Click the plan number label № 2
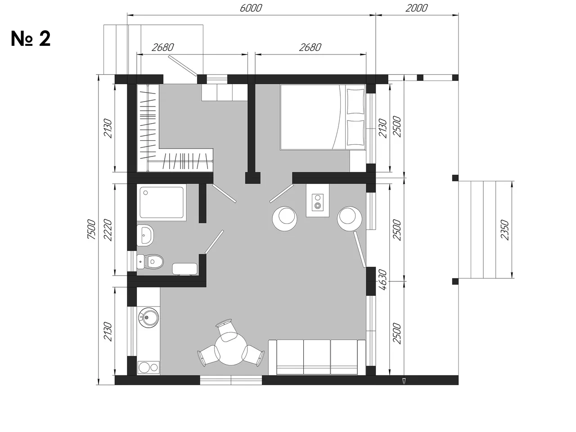31,39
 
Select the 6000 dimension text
251,8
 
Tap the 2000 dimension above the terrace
416,8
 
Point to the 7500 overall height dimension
92,229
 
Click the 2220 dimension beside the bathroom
108,230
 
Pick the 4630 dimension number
383,280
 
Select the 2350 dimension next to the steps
504,230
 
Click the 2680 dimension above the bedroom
310,47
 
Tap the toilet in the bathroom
150,261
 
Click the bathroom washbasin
145,235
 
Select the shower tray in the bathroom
162,202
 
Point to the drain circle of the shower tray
145,193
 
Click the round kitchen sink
148,317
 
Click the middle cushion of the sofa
317,357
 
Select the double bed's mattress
323,117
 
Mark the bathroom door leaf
214,242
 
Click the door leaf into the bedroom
281,193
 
